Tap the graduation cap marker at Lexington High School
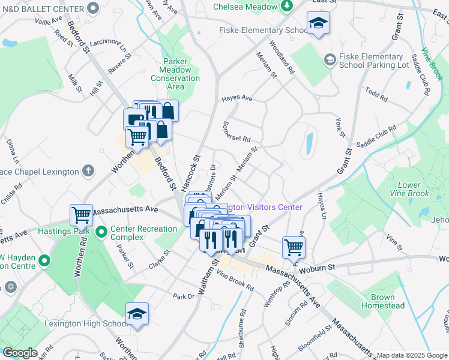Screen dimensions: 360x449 tap(137, 315)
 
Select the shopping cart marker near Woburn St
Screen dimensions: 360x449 tap(294, 247)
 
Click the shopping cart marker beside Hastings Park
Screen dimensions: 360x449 tap(82, 214)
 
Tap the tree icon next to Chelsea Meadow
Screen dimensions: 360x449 tap(288, 6)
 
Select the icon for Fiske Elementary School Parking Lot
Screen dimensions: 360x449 tap(328, 59)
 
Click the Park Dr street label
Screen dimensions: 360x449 tap(184, 296)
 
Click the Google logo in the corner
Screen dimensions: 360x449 tap(20, 353)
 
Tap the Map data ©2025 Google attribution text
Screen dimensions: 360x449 tap(412, 355)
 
